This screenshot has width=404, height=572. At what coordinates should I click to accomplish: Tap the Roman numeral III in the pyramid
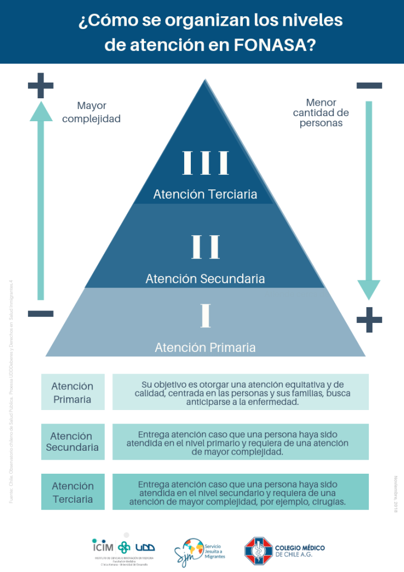coord(205,163)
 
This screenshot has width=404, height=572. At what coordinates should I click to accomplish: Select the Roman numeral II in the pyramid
coord(205,247)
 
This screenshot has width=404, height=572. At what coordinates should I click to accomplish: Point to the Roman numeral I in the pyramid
coord(206,316)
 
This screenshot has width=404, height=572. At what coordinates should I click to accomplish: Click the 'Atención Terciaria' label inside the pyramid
coord(205,194)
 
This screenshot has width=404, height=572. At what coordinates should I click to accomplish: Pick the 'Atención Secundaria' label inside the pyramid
coord(205,278)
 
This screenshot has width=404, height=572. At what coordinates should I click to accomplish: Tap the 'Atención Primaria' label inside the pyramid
coord(205,347)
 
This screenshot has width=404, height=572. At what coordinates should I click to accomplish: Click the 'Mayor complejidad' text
coord(92,112)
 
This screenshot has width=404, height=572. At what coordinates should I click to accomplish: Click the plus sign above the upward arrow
coord(41,85)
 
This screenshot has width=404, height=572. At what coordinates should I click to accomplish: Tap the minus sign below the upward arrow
coord(41,313)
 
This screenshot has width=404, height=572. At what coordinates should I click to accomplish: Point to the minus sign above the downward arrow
coord(369,85)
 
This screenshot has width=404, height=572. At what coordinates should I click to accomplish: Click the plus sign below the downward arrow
coord(369,320)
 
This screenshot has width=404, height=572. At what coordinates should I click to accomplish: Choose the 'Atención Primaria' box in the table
coord(73,392)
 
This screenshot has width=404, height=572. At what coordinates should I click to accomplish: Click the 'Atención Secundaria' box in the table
coord(73,441)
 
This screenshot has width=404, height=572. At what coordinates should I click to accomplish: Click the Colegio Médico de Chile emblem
coord(258,550)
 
